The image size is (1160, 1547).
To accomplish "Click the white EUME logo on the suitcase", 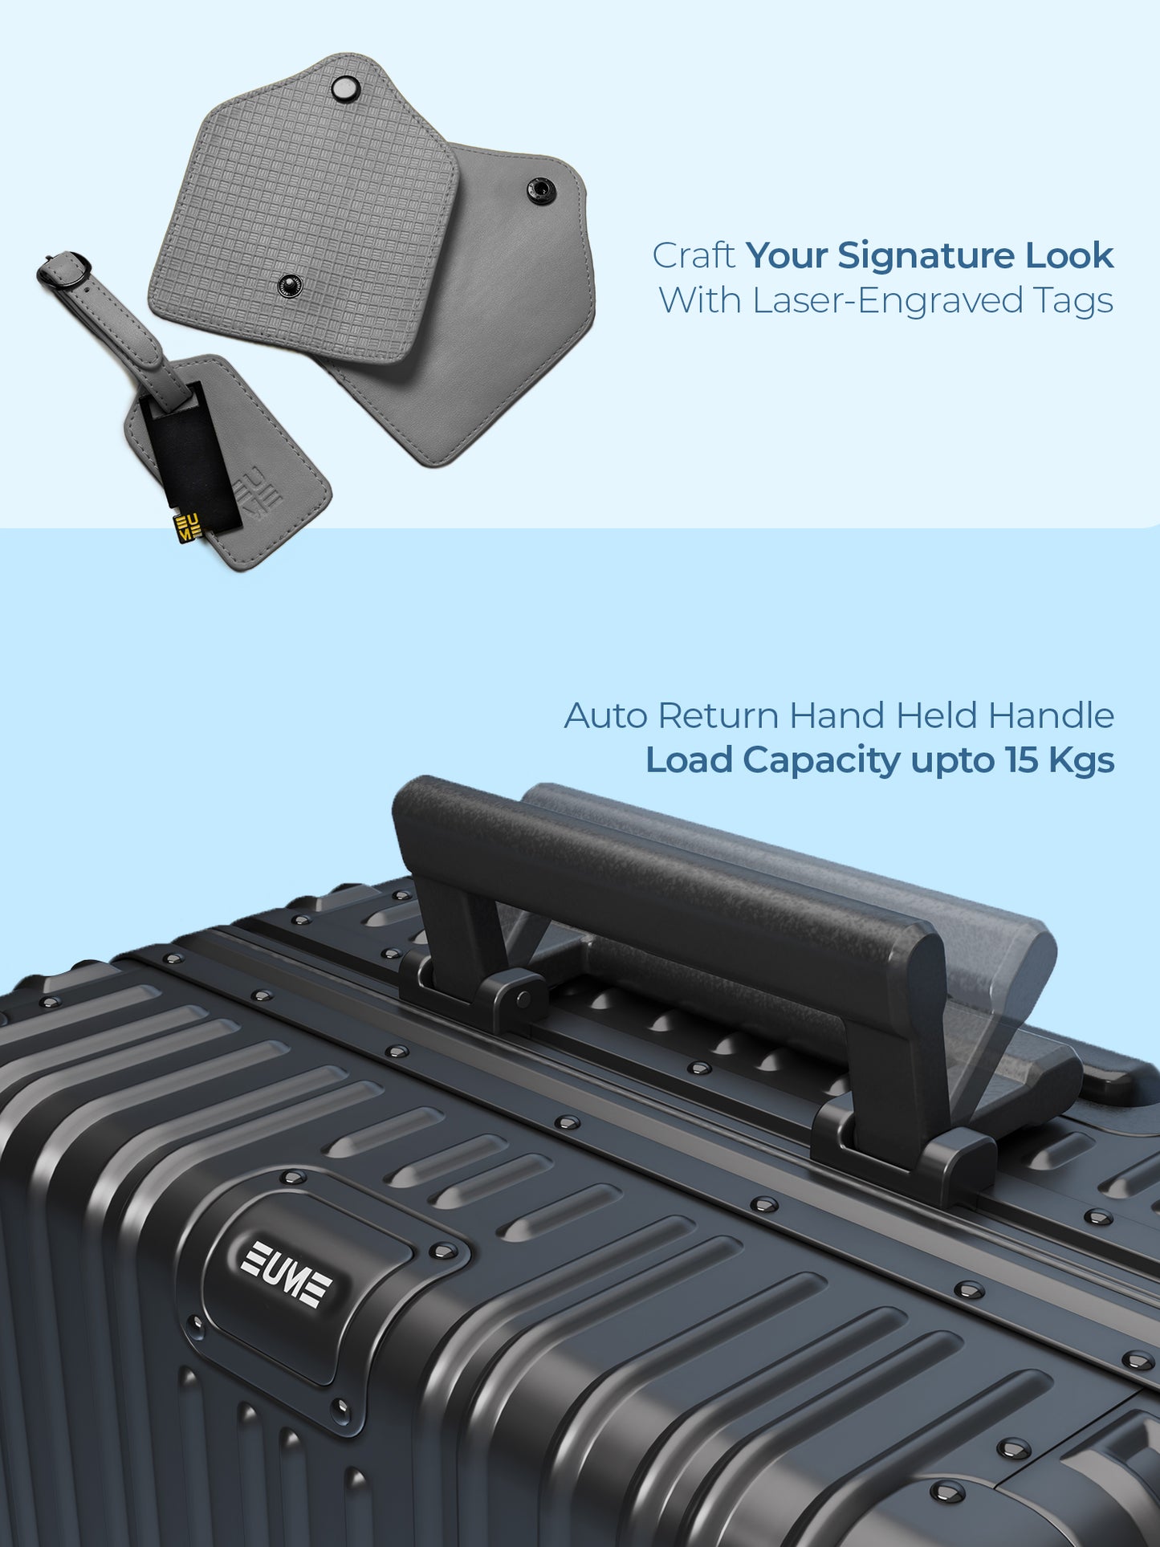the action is click(286, 1274).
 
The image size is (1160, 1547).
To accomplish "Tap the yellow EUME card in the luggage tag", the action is click(188, 527).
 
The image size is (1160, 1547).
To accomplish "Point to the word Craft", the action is click(694, 256).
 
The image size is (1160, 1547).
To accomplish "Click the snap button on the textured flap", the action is click(288, 284).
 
